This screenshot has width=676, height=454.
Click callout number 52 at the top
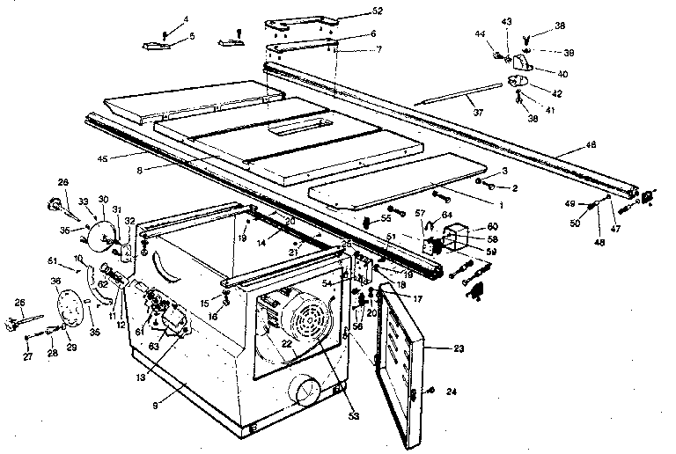354,11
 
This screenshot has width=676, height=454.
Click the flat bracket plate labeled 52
304,20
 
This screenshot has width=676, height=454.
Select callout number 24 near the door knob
451,392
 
